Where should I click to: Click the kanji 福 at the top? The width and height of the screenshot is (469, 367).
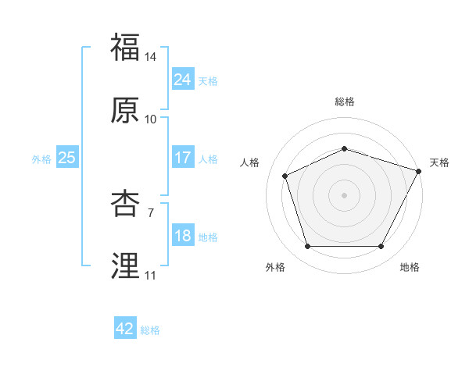(126, 48)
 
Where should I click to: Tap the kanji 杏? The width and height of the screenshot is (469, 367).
(126, 205)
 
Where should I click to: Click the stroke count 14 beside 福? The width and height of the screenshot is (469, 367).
(151, 57)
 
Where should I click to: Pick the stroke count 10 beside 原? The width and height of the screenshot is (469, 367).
(151, 119)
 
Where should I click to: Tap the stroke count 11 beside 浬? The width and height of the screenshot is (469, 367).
(151, 276)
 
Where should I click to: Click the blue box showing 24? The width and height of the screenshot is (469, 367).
(182, 80)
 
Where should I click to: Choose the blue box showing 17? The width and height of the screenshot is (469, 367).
(182, 158)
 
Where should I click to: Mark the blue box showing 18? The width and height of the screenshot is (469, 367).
(182, 236)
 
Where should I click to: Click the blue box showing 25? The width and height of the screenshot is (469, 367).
(66, 158)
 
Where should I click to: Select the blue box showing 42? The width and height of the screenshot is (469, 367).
(124, 330)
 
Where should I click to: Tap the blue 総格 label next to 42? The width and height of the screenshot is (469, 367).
(150, 330)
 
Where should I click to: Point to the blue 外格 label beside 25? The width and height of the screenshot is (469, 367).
(41, 159)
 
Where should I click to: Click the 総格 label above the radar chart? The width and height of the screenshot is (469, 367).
(345, 102)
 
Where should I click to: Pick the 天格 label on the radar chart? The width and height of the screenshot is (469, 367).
(439, 162)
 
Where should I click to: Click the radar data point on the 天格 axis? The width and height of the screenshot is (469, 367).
(420, 170)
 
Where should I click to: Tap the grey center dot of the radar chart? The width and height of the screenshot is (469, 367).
(345, 194)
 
